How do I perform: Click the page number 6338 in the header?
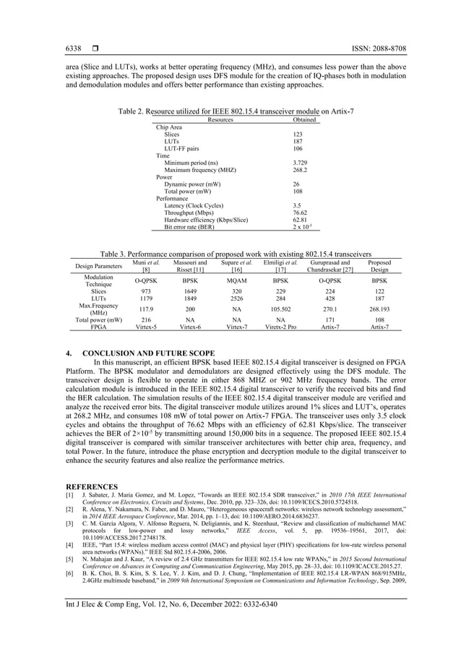pos(73,48)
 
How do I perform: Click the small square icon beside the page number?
pos(95,48)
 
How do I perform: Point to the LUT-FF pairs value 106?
pos(288,148)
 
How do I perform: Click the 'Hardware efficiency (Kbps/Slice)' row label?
pos(206,220)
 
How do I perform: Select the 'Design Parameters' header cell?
pos(99,266)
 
